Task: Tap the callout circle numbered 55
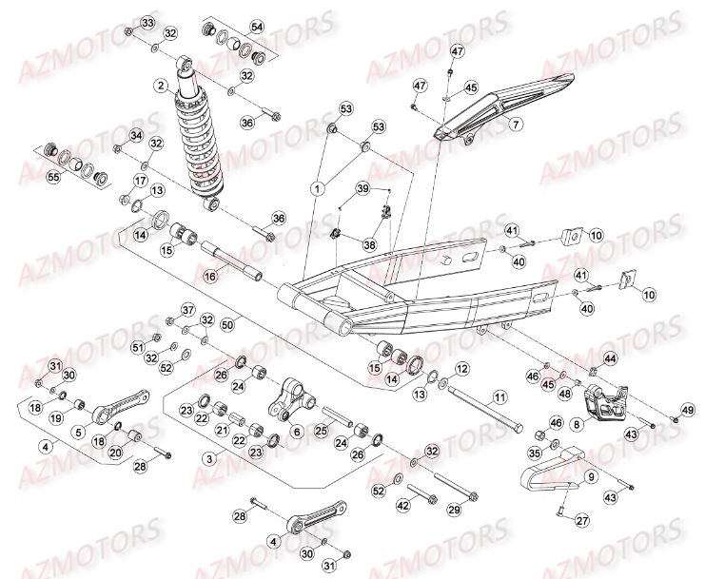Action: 53,178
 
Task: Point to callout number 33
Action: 147,22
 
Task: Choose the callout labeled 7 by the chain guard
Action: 516,125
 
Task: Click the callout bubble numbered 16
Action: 209,275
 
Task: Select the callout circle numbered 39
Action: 362,190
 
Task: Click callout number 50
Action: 226,325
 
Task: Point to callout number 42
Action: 401,505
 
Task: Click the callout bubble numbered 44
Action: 610,358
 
